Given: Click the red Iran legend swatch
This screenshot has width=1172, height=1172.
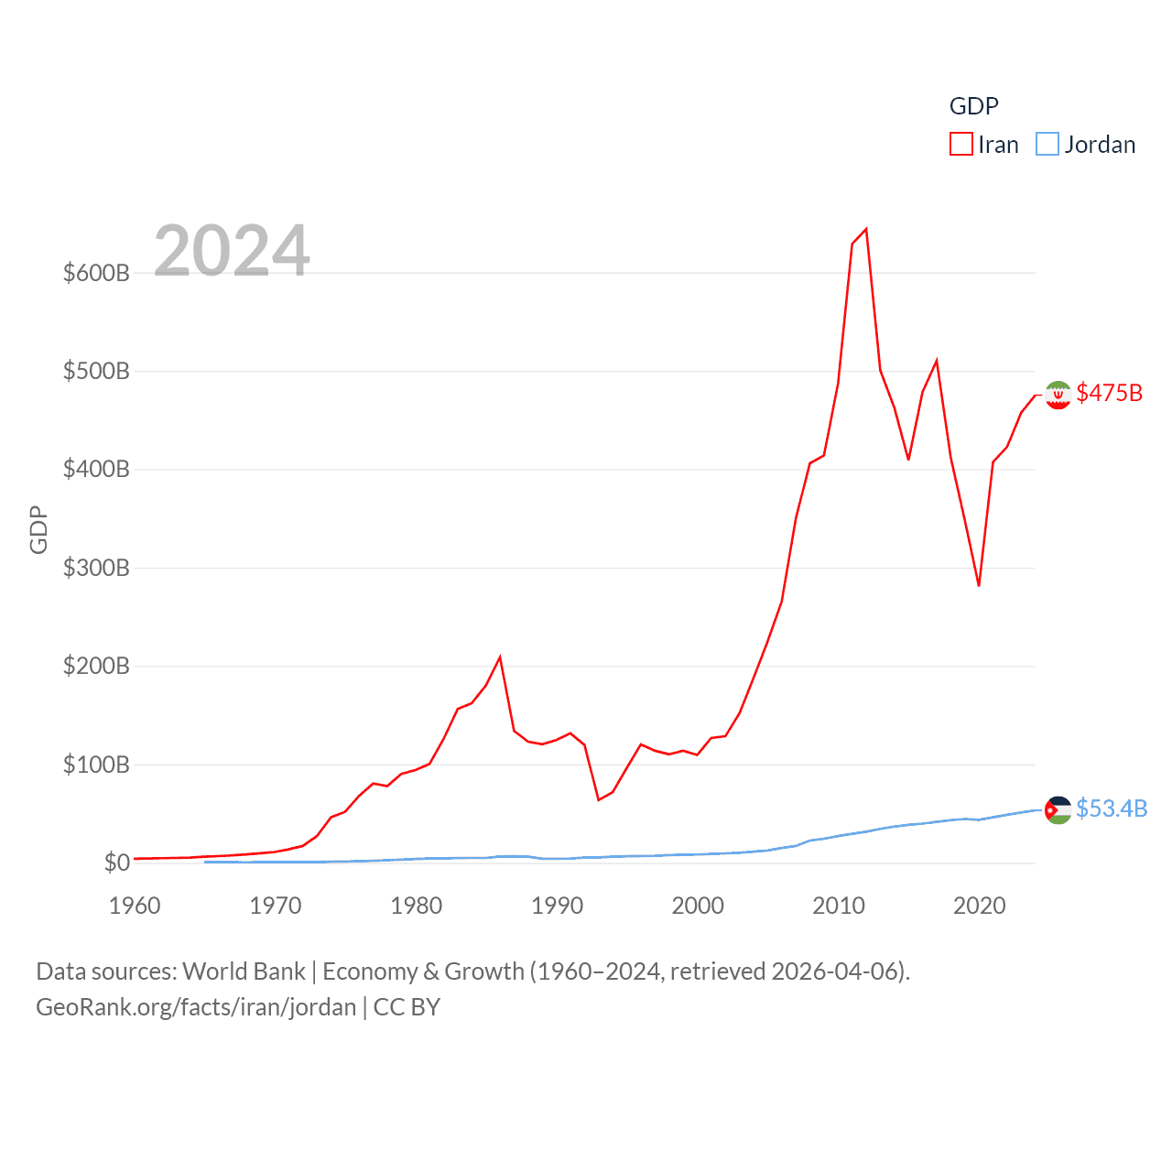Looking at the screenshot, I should click(960, 145).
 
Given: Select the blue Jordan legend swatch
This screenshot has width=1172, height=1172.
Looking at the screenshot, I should click(1047, 145).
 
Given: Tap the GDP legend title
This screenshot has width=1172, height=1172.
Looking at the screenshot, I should click(973, 106).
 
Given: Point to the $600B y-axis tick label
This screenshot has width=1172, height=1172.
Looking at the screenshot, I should click(96, 273).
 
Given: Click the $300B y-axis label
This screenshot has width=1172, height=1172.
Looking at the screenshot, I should click(96, 568).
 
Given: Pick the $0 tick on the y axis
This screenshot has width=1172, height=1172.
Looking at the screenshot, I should click(116, 863).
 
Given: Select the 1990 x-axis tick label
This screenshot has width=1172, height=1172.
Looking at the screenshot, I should click(557, 906).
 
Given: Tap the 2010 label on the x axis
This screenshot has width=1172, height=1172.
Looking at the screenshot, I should click(839, 906).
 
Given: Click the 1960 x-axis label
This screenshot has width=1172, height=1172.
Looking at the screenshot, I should click(135, 906).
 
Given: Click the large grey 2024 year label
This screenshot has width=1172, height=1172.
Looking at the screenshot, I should click(232, 251).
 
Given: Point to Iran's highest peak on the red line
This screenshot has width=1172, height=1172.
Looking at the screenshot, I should click(866, 229).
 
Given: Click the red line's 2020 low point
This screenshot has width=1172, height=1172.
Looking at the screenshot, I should click(979, 585).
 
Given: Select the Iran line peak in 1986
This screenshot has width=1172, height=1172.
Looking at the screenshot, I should click(500, 657).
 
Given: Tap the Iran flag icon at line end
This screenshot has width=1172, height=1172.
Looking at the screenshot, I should click(1058, 395).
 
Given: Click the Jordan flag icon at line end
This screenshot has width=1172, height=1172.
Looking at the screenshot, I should click(1058, 809).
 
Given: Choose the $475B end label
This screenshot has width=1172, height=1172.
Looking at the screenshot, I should click(1110, 393).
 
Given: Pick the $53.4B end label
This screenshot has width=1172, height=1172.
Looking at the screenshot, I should click(1112, 808).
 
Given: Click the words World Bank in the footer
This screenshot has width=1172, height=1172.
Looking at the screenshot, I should click(244, 971).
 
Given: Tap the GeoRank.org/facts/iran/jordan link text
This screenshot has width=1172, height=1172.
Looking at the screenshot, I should click(196, 1007).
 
